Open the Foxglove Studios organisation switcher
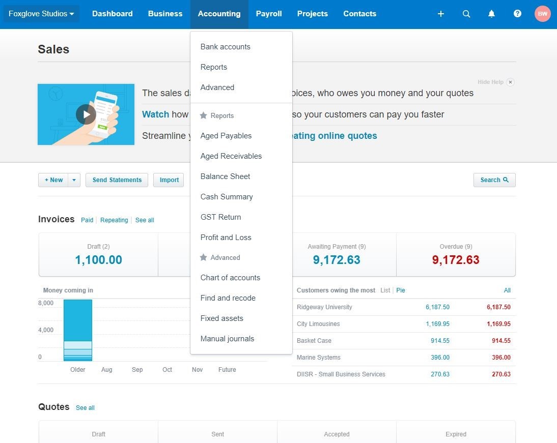point(41,14)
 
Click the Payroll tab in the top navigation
point(269,14)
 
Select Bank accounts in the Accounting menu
point(225,47)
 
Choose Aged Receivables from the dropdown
point(231,156)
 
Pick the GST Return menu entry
point(220,217)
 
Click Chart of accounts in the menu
point(230,278)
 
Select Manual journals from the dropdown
point(227,339)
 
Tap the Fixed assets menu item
point(221,318)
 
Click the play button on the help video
point(86,114)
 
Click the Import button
point(169,180)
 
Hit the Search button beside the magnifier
point(494,180)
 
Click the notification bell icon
point(491,14)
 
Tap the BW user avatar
point(542,14)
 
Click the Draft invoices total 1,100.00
point(98,260)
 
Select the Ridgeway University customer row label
point(324,307)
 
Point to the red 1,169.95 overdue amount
point(498,324)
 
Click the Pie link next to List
point(401,290)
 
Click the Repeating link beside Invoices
point(114,220)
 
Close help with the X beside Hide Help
point(510,82)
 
